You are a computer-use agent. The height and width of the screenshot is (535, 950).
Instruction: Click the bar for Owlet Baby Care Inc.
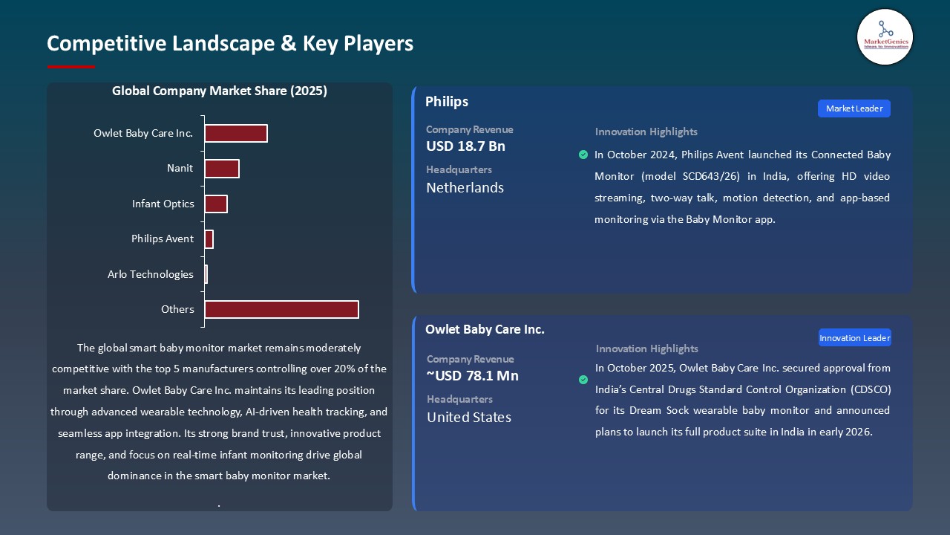pos(235,133)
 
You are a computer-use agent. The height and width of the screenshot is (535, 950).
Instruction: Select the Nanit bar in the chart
pos(221,169)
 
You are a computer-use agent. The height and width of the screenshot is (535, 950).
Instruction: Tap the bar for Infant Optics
pos(215,204)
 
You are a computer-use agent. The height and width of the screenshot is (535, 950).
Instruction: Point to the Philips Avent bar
pos(209,239)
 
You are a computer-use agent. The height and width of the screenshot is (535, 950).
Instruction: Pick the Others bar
pos(281,309)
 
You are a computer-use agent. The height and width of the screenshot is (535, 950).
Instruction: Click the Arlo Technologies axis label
pos(150,274)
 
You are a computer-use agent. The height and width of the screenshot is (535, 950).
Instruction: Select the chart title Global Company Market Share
pos(219,91)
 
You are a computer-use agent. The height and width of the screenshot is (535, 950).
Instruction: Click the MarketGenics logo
pos(885,36)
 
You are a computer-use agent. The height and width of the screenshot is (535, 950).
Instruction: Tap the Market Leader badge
pos(854,108)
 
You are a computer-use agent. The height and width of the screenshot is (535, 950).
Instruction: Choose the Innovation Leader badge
pos(854,338)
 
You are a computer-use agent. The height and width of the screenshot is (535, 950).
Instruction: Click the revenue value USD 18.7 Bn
pos(465,146)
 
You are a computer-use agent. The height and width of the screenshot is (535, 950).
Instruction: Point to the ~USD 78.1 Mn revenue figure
pos(473,376)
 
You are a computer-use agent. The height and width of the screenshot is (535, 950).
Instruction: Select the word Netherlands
pos(465,188)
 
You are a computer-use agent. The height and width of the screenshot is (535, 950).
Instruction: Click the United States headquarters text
pos(468,418)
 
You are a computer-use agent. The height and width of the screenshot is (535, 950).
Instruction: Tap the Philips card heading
pos(447,102)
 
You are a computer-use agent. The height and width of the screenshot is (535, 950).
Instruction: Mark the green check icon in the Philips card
pos(583,155)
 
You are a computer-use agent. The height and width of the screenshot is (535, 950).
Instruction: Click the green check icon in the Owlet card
pos(583,380)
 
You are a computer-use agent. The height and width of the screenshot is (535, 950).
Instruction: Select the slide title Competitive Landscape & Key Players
pos(230,43)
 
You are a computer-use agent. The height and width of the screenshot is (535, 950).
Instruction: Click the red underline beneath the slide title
pos(71,67)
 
